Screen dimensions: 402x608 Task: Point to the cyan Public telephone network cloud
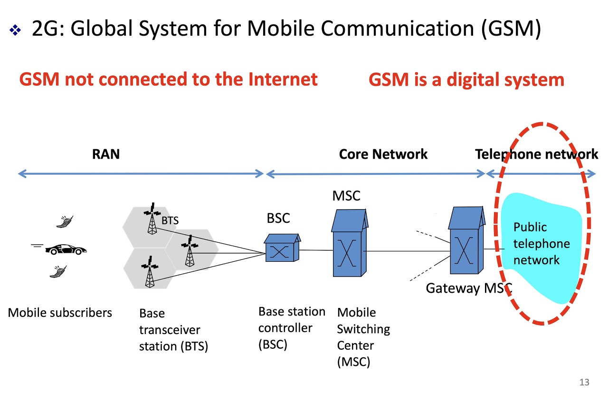pos(541,247)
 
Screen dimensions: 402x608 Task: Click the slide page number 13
pos(584,382)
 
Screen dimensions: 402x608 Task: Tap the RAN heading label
pos(105,154)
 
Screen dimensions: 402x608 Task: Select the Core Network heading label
pos(383,154)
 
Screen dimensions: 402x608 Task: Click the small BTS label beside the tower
pos(170,220)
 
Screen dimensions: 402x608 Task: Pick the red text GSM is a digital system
pos(466,79)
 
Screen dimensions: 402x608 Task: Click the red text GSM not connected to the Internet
pos(168,79)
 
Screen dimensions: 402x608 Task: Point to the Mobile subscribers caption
pos(60,312)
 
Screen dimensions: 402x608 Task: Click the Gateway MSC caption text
pos(468,288)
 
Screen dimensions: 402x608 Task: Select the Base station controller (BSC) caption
pos(292,328)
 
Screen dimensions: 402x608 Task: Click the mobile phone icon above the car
pos(65,221)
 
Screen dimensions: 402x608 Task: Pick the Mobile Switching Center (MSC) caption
pos(363,337)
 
